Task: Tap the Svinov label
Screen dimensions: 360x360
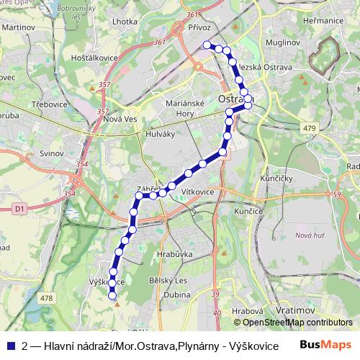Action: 53,154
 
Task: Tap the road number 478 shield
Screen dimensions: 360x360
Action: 47,298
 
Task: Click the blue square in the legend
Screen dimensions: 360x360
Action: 12,345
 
